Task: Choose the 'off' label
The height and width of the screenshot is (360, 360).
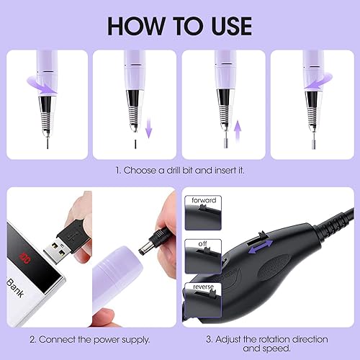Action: [x=202, y=245]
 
